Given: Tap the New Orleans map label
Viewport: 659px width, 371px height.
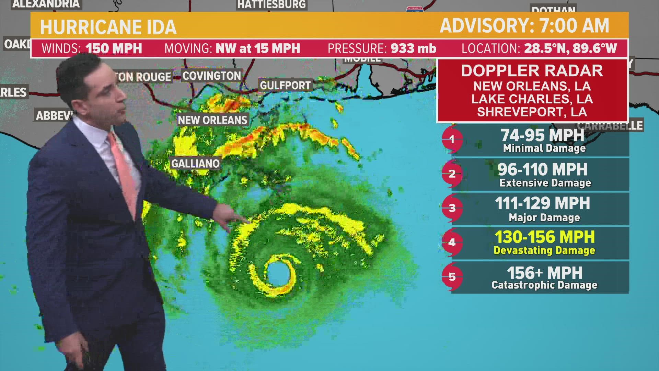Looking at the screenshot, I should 212,120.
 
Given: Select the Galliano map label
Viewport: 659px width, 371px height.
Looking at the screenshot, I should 195,163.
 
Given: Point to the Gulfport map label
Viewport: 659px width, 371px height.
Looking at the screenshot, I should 285,85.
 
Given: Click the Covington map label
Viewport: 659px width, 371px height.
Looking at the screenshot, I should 211,76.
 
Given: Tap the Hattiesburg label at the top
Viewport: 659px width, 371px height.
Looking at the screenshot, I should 271,4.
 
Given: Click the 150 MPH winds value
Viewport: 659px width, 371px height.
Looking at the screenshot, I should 114,48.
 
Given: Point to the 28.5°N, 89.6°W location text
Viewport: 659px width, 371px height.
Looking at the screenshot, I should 570,48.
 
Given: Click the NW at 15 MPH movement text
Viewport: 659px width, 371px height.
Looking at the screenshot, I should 258,48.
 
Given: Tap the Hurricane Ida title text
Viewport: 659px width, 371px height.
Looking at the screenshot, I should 108,27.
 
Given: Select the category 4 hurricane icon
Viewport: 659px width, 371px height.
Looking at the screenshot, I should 452,243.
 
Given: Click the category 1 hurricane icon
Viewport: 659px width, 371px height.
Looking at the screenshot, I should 452,139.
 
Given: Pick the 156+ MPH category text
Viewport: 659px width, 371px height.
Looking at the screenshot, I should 544,273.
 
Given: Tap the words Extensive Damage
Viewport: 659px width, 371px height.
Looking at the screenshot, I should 545,183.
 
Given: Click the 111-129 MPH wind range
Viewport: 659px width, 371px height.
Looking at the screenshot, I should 542,203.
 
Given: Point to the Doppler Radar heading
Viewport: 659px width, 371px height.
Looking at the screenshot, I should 532,71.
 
